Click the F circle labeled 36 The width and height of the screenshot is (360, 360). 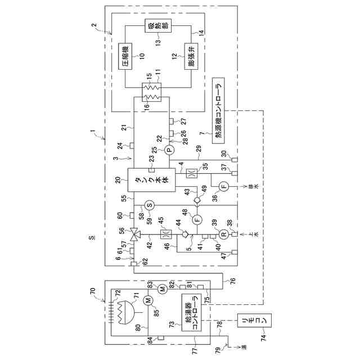[x=222, y=186]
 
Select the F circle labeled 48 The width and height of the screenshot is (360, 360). [x=197, y=219]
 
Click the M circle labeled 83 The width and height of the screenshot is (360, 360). [x=161, y=289]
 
